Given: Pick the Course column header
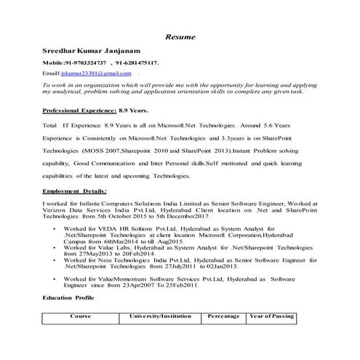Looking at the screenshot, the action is pos(81,317).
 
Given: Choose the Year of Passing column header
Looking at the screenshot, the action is pos(271,317).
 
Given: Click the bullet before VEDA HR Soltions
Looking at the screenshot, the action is pos(56,228).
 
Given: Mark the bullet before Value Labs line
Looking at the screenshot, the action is pos(56,247).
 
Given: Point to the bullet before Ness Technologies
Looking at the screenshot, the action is pos(56,260).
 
